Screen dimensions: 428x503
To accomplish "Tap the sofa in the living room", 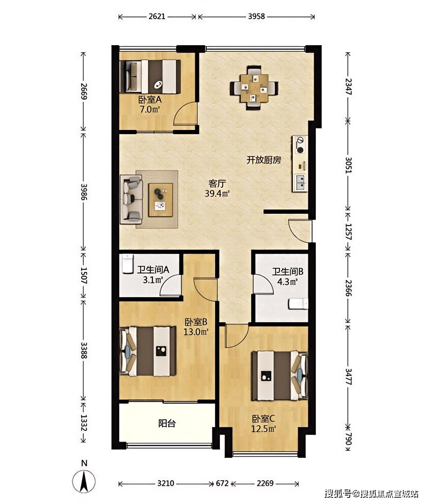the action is click(x=131, y=199).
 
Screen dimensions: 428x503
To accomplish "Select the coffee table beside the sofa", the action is click(x=160, y=200).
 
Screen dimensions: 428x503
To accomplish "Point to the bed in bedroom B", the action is click(x=148, y=351).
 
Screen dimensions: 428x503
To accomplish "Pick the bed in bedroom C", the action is click(x=279, y=376).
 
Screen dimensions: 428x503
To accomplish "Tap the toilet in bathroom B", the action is click(x=298, y=304).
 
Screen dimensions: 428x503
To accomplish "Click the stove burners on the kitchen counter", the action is click(x=300, y=145).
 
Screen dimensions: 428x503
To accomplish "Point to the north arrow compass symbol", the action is click(x=84, y=481).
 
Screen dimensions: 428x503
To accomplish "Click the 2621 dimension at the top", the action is click(x=157, y=16).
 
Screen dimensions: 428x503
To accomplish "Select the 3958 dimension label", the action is click(x=256, y=16).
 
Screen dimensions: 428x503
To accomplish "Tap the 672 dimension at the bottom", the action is click(x=222, y=483).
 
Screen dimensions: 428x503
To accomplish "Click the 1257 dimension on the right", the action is click(x=348, y=232).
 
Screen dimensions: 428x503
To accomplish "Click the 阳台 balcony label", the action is click(x=167, y=423).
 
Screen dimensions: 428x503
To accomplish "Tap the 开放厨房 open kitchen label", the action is click(x=264, y=160).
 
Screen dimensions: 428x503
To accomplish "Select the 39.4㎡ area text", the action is click(x=217, y=194).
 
